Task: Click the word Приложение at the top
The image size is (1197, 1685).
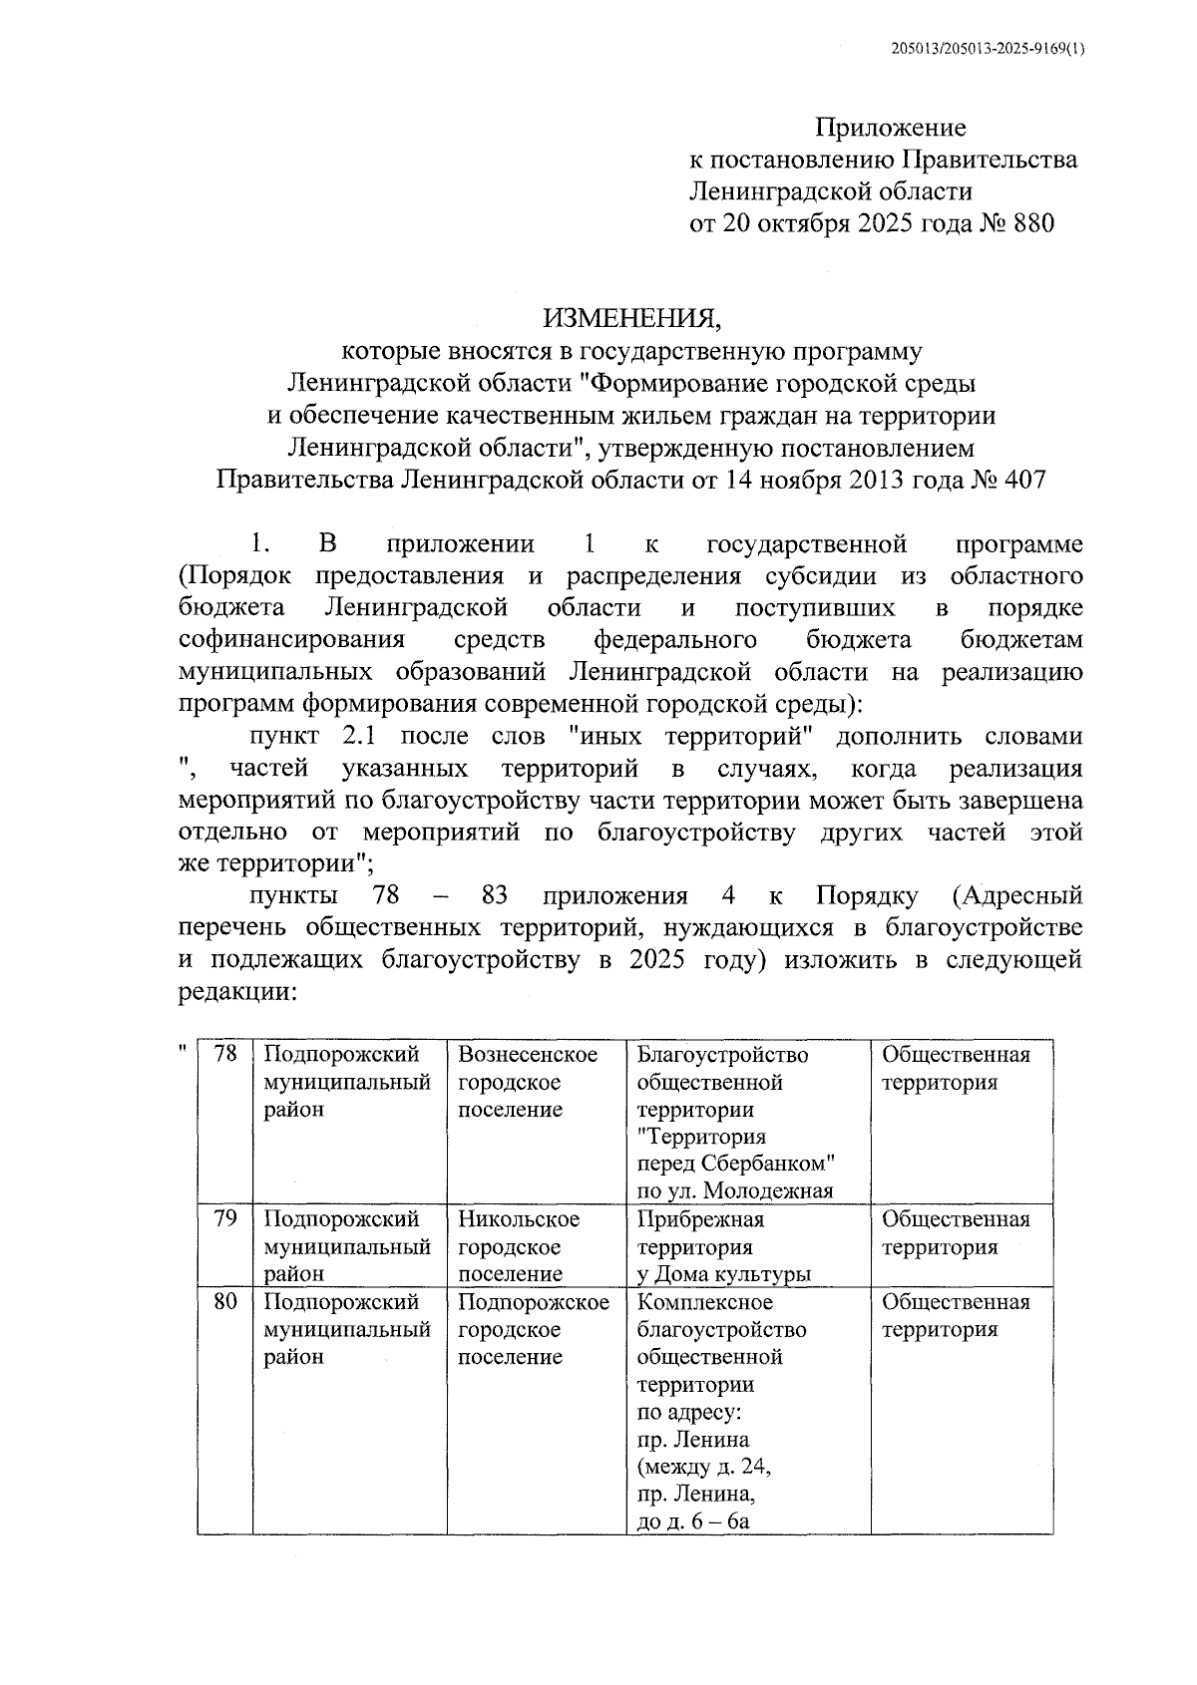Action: click(x=891, y=128)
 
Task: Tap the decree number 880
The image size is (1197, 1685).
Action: click(x=1032, y=222)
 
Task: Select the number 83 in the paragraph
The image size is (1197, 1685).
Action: click(x=495, y=895)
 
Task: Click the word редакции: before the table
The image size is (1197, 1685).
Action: click(x=237, y=992)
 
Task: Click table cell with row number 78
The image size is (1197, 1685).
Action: click(x=225, y=1053)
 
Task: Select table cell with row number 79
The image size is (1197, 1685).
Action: click(x=225, y=1218)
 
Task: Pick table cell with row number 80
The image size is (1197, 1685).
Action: click(x=225, y=1301)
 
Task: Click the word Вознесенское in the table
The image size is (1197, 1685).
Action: click(x=528, y=1055)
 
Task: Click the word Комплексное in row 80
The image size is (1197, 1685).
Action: click(x=704, y=1302)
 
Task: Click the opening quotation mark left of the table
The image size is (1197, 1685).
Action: click(x=182, y=1049)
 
